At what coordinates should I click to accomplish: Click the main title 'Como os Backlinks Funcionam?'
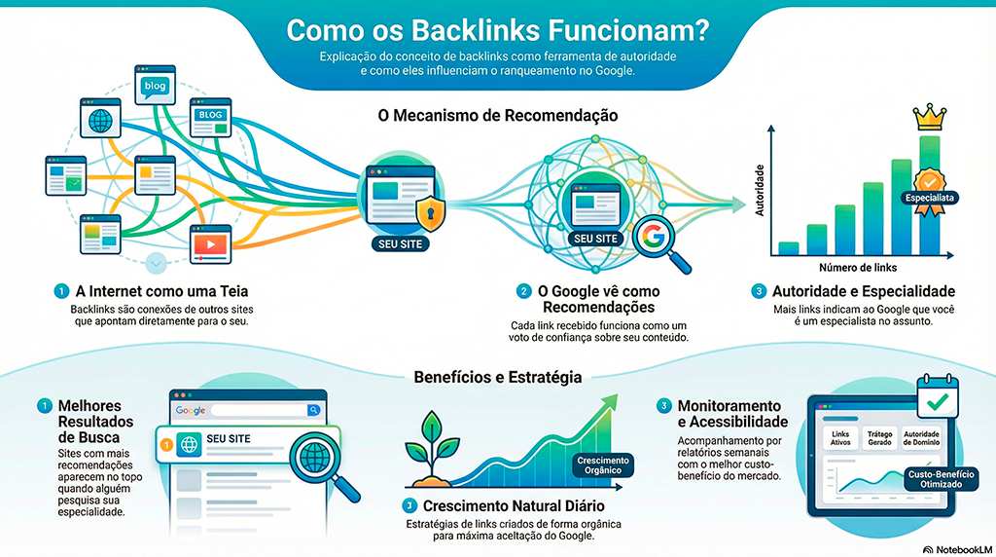(497, 28)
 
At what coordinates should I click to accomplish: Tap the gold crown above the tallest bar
(929, 117)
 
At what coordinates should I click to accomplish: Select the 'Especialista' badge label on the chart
(930, 198)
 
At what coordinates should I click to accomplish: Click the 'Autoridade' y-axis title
(761, 189)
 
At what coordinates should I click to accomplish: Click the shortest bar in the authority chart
(789, 247)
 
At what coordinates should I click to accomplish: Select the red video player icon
(209, 243)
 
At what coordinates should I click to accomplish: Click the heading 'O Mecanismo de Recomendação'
(497, 115)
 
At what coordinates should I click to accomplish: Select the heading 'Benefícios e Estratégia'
(497, 376)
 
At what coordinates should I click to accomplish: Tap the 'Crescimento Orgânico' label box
(603, 465)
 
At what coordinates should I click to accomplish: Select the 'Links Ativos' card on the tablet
(839, 438)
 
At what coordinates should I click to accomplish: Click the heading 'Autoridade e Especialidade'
(863, 291)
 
